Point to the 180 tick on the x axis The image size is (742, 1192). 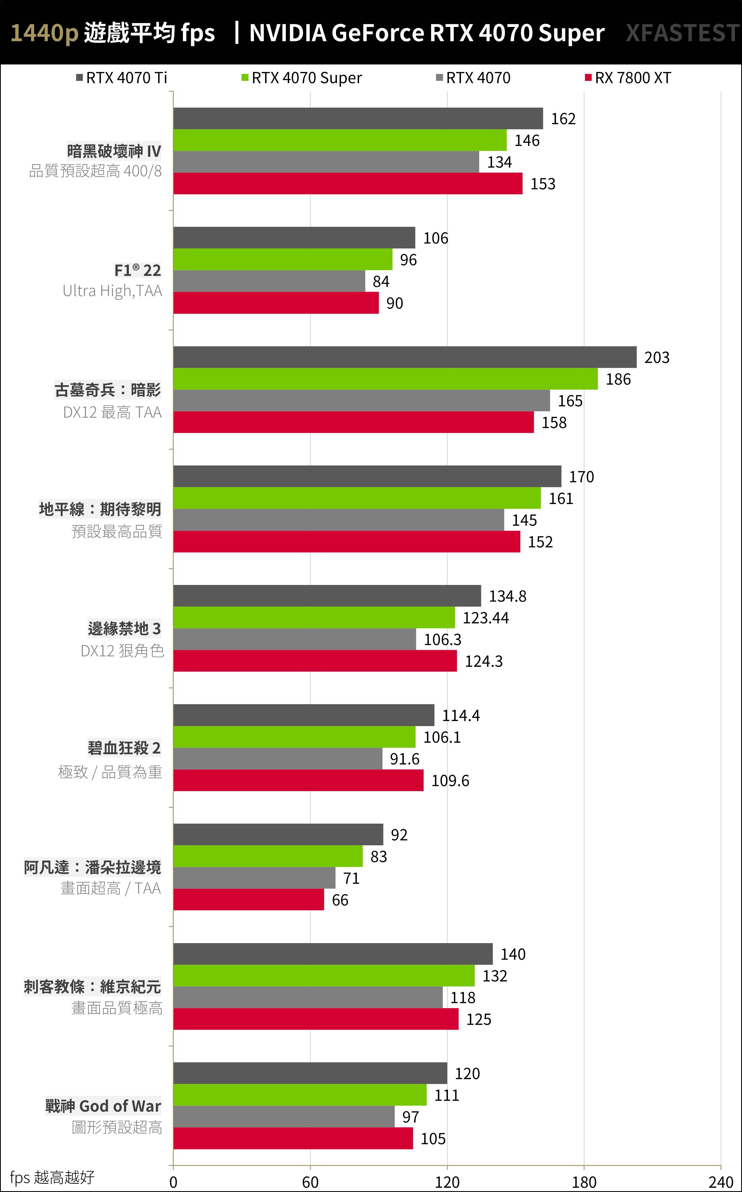coord(584,1182)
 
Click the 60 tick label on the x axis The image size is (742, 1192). coord(310,1182)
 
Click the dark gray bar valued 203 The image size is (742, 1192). coord(405,357)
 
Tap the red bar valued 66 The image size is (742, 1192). coord(249,900)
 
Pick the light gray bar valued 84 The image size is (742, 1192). coord(269,281)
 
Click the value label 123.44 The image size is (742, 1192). coord(485,618)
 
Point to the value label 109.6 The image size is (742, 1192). coord(450,780)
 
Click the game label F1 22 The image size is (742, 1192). coord(137,270)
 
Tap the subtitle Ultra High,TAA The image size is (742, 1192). coord(112,291)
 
